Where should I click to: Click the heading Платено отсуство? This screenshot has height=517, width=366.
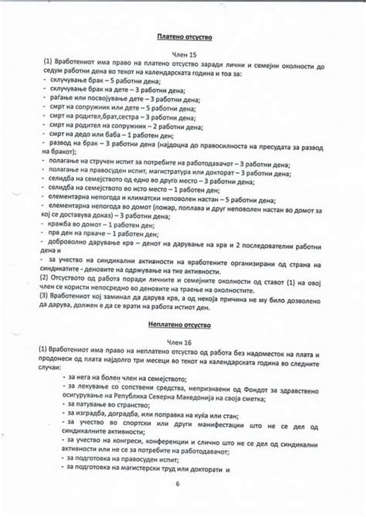[184, 36]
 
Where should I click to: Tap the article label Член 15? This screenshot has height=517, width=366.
[184, 54]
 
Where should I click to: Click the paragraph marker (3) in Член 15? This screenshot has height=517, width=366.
[49, 296]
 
